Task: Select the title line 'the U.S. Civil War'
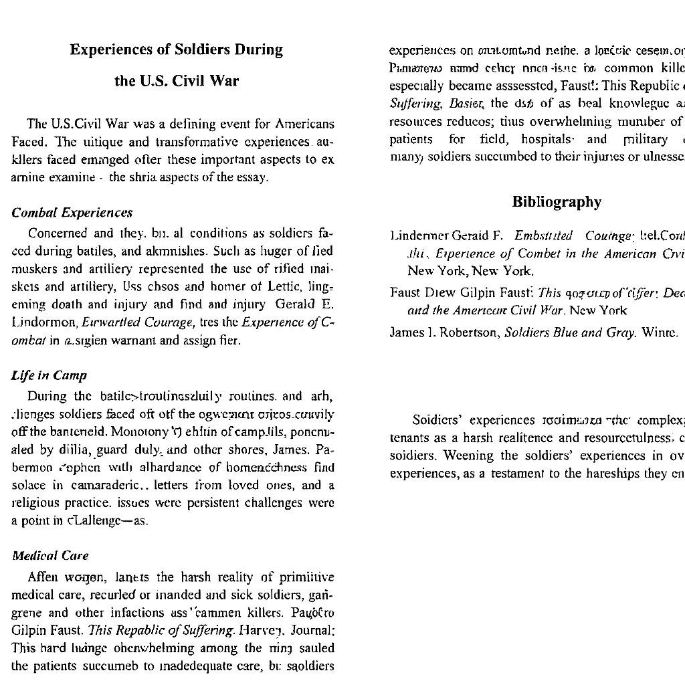[177, 82]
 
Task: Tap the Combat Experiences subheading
[72, 213]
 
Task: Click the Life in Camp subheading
[50, 375]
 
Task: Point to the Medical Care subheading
[50, 556]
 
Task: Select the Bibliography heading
[557, 202]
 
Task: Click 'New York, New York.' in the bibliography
[470, 271]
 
